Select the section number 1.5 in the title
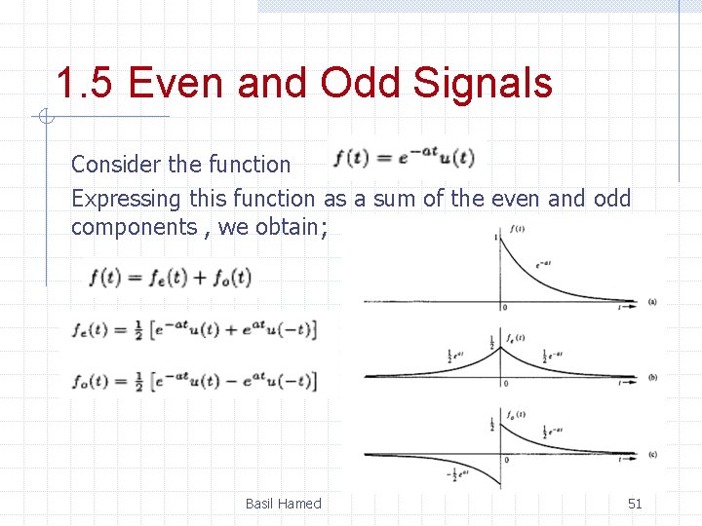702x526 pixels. click(x=86, y=83)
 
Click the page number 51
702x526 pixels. click(x=635, y=504)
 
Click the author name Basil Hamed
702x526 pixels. click(x=283, y=504)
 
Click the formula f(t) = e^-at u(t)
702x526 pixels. click(x=404, y=157)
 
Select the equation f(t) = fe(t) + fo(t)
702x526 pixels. click(x=171, y=278)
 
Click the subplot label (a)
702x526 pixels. click(x=652, y=302)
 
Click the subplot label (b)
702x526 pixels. click(x=652, y=380)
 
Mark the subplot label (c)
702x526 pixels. click(x=652, y=455)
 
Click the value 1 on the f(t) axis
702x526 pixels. click(x=497, y=238)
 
